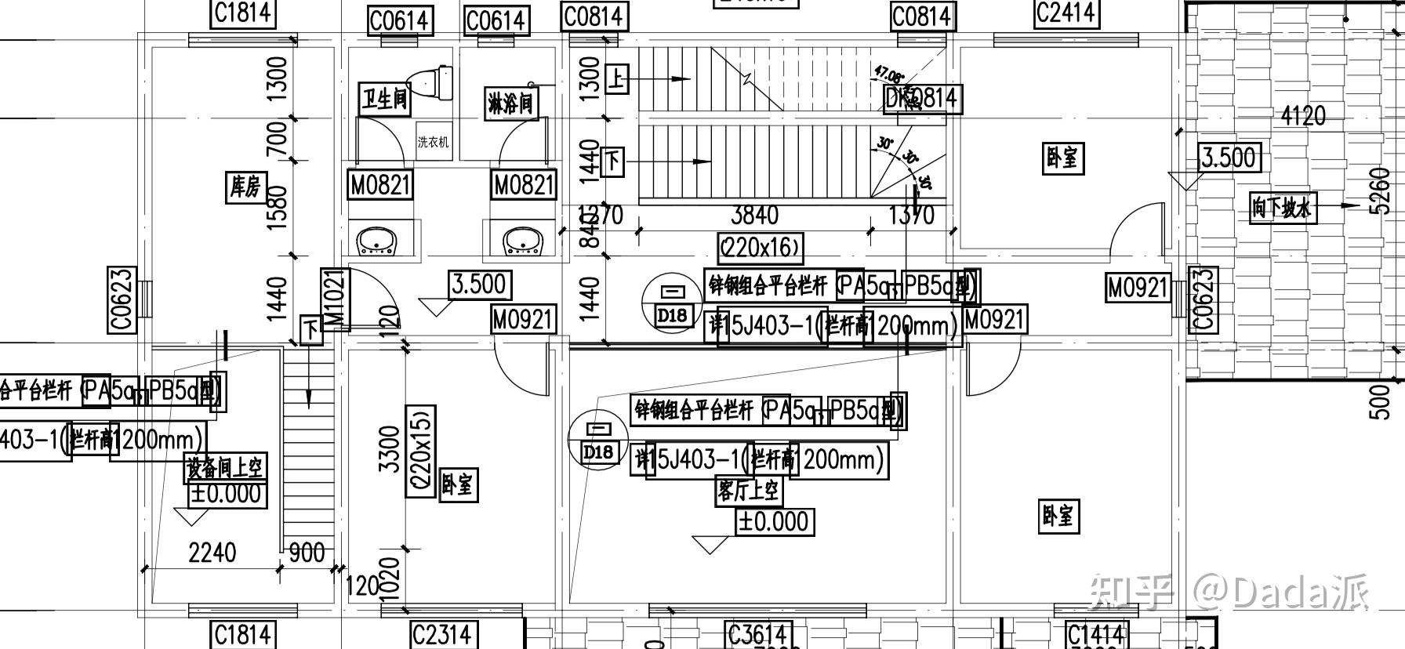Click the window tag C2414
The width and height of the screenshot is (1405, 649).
(x=1066, y=13)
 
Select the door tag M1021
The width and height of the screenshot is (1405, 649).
(x=335, y=299)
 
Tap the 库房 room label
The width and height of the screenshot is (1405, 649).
(x=245, y=187)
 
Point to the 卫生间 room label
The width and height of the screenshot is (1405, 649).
(x=385, y=100)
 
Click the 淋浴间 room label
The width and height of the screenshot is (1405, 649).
(x=511, y=103)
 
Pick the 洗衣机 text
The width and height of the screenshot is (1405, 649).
(x=434, y=142)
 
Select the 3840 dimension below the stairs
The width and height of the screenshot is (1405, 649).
(x=754, y=215)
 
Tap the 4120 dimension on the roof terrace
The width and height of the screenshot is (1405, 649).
(x=1303, y=116)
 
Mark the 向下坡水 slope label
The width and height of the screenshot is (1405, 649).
(x=1281, y=208)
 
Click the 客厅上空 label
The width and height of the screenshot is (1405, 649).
(x=748, y=491)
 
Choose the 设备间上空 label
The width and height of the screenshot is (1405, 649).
(x=225, y=468)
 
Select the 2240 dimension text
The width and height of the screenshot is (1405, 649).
(x=212, y=553)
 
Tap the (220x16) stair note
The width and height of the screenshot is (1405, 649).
(x=761, y=248)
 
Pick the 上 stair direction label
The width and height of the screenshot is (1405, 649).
(x=618, y=78)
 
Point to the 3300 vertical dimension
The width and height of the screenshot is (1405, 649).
(x=389, y=448)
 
